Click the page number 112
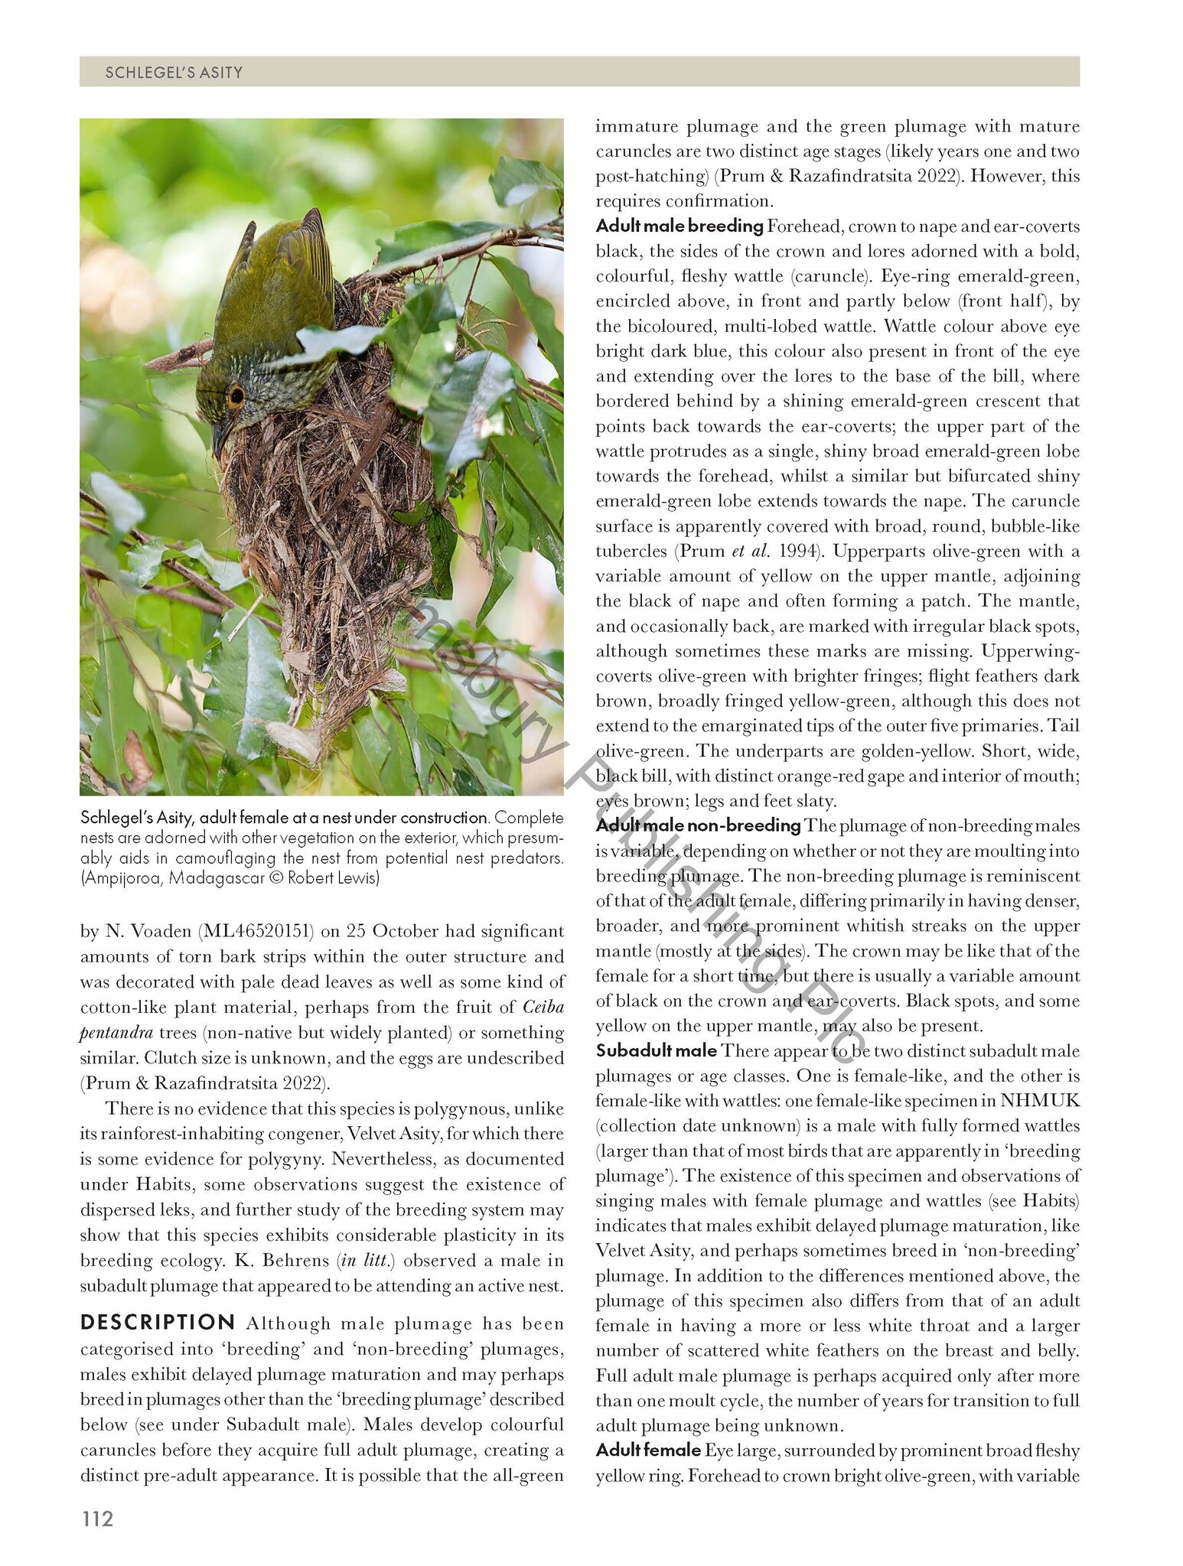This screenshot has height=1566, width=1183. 96,1519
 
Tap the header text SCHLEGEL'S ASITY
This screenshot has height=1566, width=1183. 174,73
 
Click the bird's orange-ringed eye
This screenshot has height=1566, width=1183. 236,396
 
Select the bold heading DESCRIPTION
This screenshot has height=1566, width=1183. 158,1323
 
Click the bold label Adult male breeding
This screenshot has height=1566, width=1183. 679,226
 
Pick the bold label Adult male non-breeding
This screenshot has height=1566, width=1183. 697,825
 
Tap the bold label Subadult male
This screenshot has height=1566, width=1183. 656,1050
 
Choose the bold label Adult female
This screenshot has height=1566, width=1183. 647,1450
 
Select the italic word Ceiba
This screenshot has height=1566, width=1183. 543,1007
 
